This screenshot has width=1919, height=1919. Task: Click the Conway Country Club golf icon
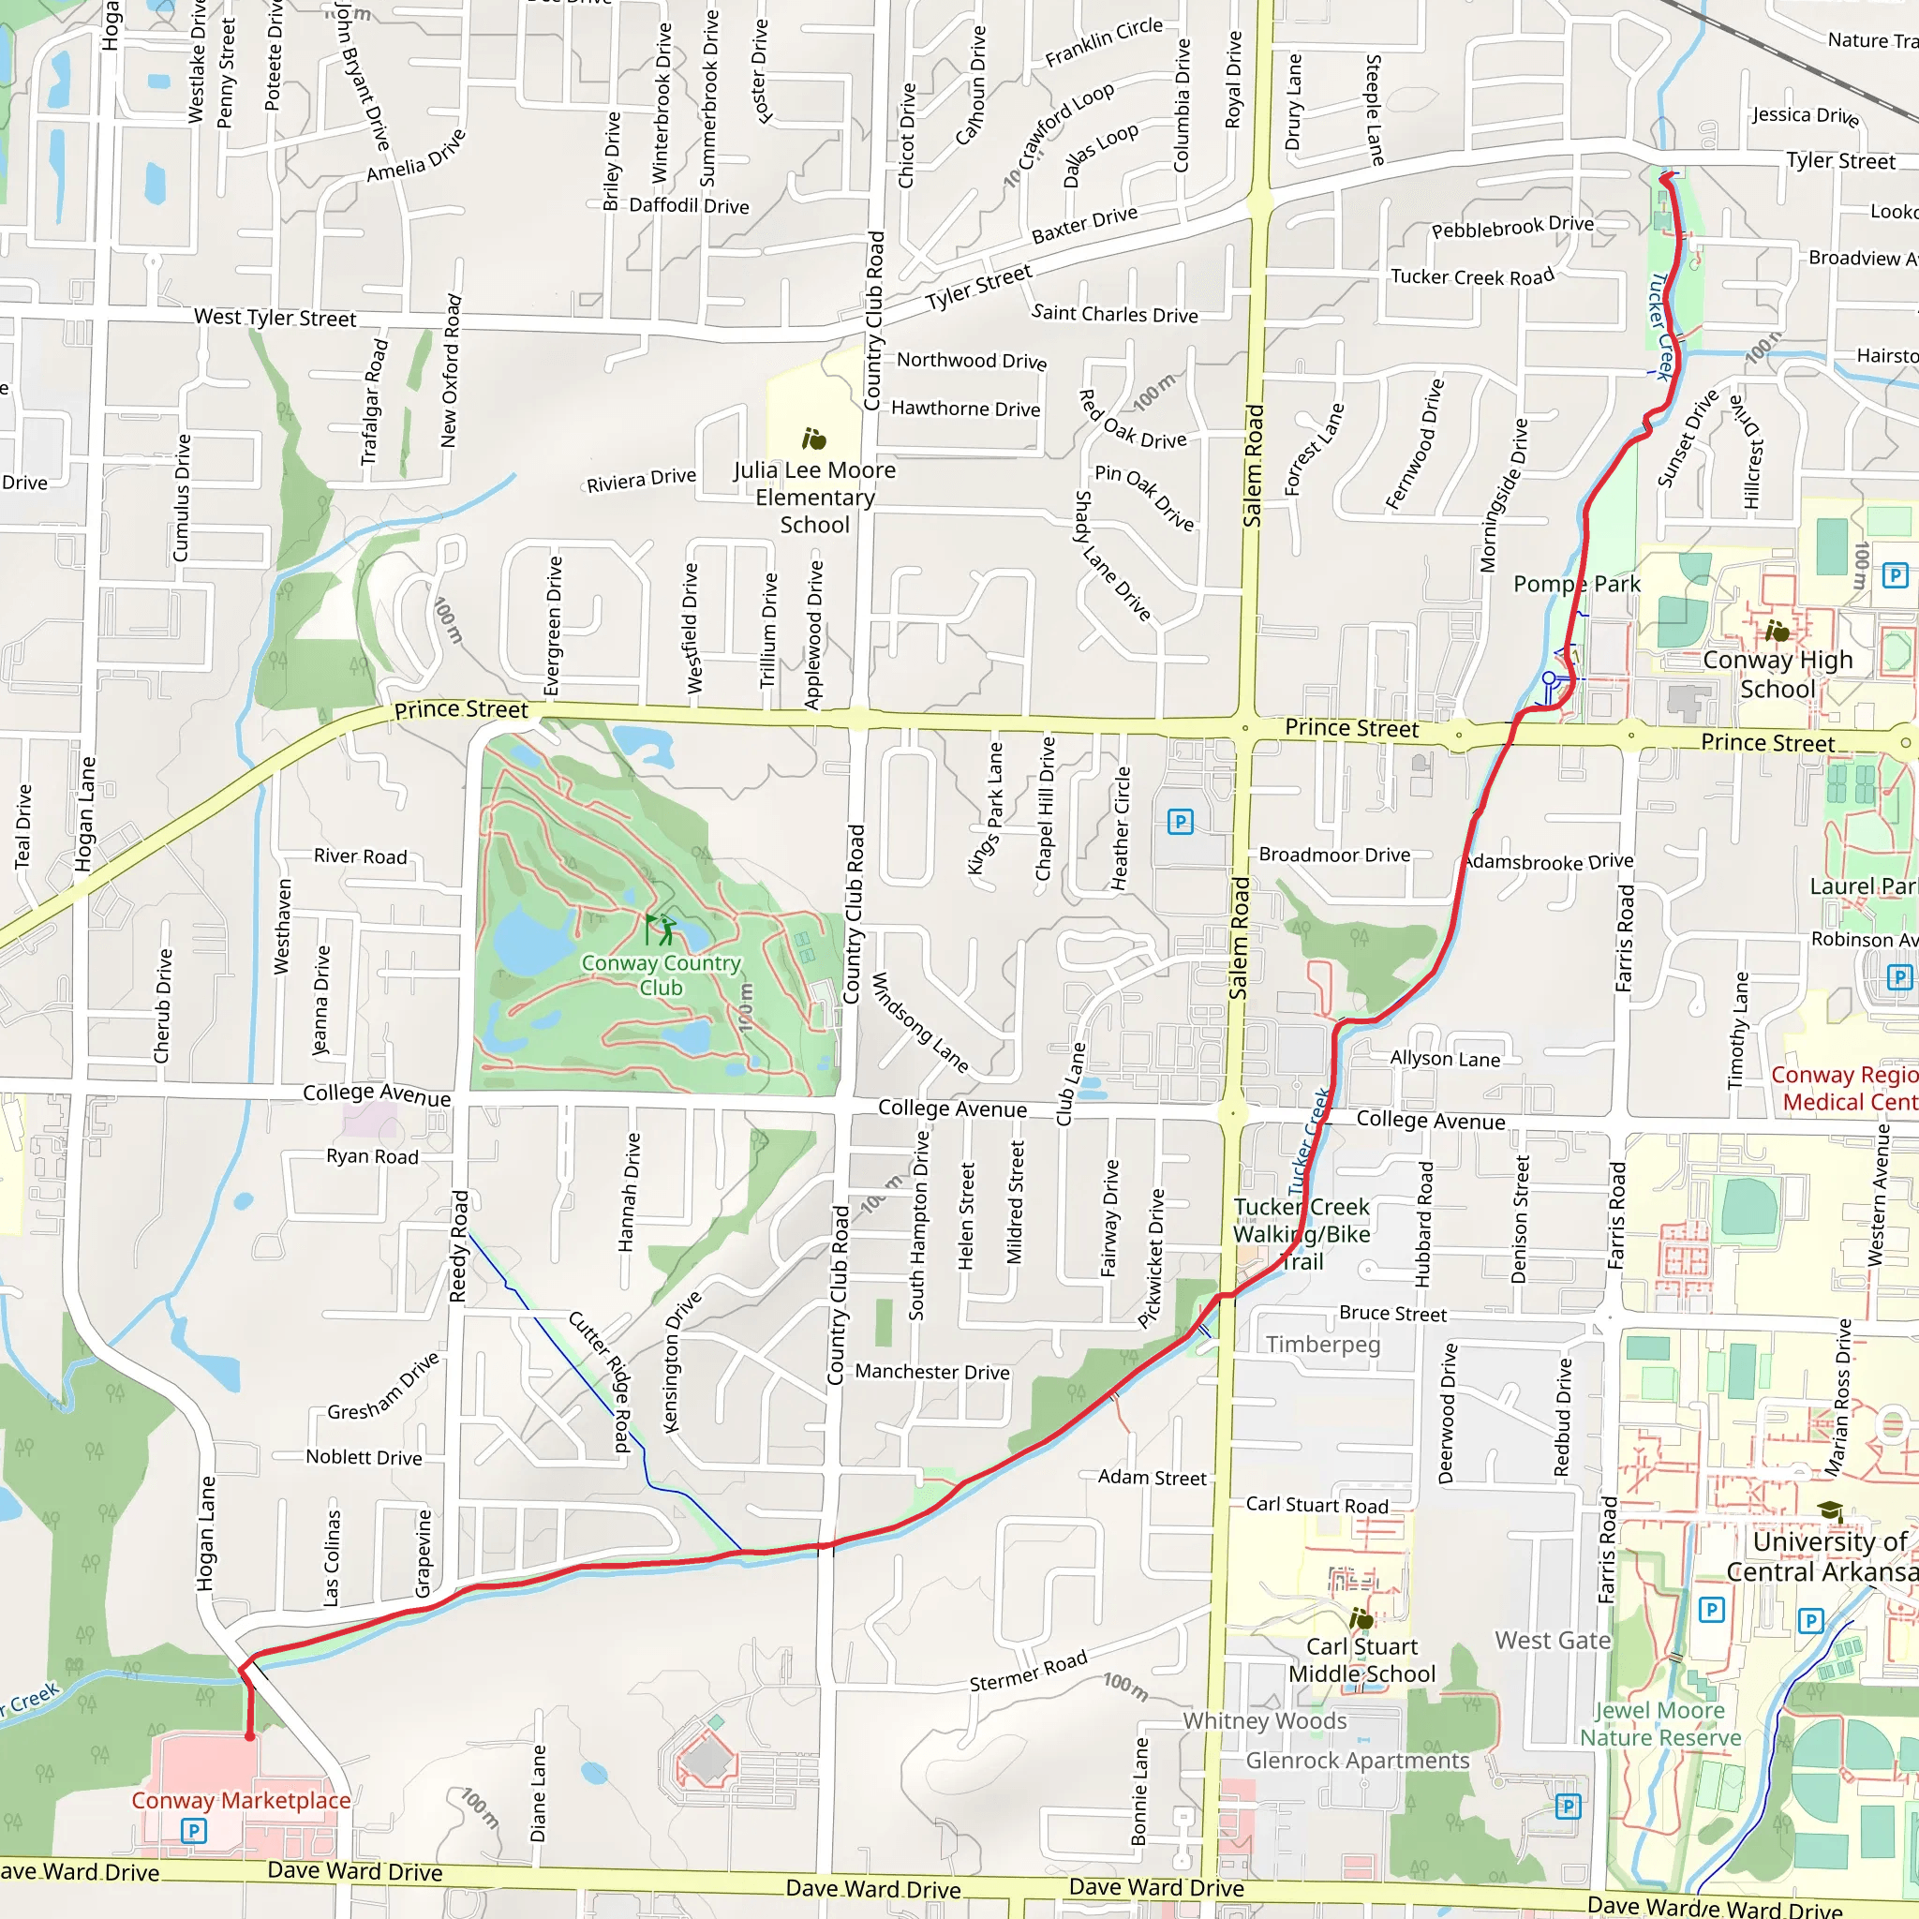[x=661, y=930]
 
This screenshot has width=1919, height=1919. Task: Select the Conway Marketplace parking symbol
[x=194, y=1831]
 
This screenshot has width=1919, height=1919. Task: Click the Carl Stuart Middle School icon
[x=1361, y=1620]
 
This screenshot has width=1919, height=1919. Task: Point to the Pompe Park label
[x=1576, y=584]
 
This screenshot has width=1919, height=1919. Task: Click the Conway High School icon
[x=1777, y=631]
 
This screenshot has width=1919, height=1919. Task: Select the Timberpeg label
[x=1323, y=1345]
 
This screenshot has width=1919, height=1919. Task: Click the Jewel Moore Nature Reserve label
[x=1660, y=1724]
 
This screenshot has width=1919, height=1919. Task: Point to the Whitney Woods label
[x=1264, y=1720]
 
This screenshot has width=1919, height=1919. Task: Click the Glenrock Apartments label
[x=1357, y=1760]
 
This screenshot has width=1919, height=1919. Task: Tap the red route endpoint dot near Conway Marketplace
[x=250, y=1736]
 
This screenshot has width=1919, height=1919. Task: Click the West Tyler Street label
[x=275, y=318]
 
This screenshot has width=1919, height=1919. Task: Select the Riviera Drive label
[x=641, y=481]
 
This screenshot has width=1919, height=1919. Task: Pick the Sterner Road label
[x=1028, y=1671]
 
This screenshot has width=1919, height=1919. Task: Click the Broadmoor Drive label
[x=1334, y=855]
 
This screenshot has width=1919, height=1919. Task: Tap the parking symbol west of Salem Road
[x=1180, y=822]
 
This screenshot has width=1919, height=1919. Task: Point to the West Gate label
[x=1553, y=1641]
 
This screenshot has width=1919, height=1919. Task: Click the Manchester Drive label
[x=931, y=1372]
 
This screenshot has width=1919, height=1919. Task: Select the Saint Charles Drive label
[x=1114, y=314]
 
